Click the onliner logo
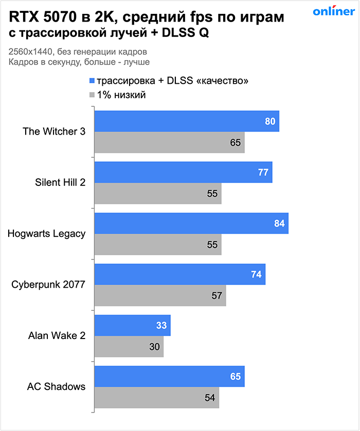pyautogui.click(x=333, y=12)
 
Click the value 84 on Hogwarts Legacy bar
pyautogui.click(x=279, y=223)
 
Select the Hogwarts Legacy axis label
pyautogui.click(x=47, y=234)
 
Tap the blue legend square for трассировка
pyautogui.click(x=92, y=81)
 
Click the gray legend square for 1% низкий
pyautogui.click(x=92, y=95)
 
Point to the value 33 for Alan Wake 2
pyautogui.click(x=161, y=325)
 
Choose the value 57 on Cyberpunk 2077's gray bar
pyautogui.click(x=217, y=295)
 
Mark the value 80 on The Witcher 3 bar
pyautogui.click(x=270, y=122)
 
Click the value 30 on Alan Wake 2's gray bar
pyautogui.click(x=154, y=347)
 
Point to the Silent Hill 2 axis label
pyautogui.click(x=60, y=182)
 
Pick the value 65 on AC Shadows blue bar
pyautogui.click(x=236, y=377)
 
